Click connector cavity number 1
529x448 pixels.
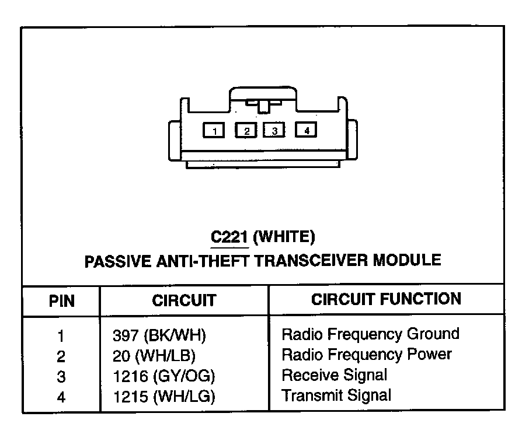(x=215, y=131)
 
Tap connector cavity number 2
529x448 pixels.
(x=246, y=131)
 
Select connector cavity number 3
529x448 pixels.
(x=274, y=131)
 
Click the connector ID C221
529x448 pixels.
(x=229, y=237)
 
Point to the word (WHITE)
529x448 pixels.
(x=286, y=237)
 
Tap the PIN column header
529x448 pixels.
(x=61, y=300)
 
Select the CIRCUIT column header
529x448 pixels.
(x=184, y=300)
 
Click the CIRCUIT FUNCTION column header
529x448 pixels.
(x=386, y=299)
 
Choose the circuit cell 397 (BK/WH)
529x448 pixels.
(x=159, y=335)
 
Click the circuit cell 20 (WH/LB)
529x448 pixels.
(x=154, y=355)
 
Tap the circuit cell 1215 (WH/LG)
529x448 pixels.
(x=164, y=397)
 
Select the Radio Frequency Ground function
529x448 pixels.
(x=370, y=334)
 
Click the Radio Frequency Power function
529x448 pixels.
(x=367, y=354)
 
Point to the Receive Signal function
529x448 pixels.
(x=334, y=374)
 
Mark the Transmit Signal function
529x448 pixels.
(x=336, y=395)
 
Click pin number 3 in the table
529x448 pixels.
(x=61, y=376)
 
